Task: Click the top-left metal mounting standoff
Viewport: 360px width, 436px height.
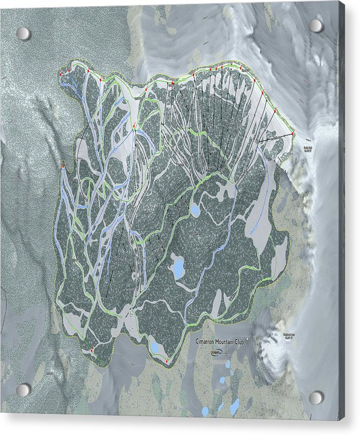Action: [23, 33]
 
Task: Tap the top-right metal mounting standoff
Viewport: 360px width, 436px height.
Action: [316, 25]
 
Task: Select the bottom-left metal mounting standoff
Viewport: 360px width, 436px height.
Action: [23, 390]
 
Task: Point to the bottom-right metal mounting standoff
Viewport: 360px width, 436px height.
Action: [316, 398]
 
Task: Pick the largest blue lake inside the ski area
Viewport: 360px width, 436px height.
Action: [178, 266]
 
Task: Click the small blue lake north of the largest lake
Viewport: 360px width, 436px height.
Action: [195, 210]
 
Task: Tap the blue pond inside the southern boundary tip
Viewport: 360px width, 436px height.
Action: [155, 347]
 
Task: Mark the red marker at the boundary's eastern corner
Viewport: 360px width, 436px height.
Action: [294, 133]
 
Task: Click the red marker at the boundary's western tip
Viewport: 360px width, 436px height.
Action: [63, 164]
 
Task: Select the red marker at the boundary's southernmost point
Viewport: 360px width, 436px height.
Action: [166, 362]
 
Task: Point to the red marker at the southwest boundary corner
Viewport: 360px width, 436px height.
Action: [91, 350]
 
